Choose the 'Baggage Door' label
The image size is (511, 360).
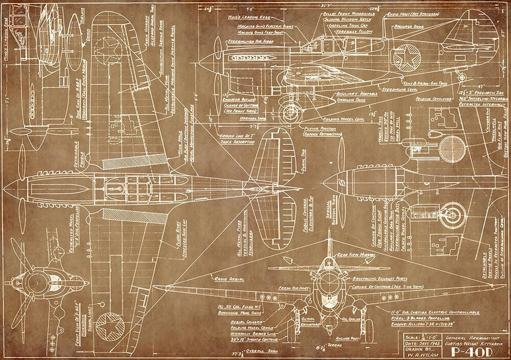pyautogui.click(x=408, y=25)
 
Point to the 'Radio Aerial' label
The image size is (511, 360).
pyautogui.click(x=227, y=279)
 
